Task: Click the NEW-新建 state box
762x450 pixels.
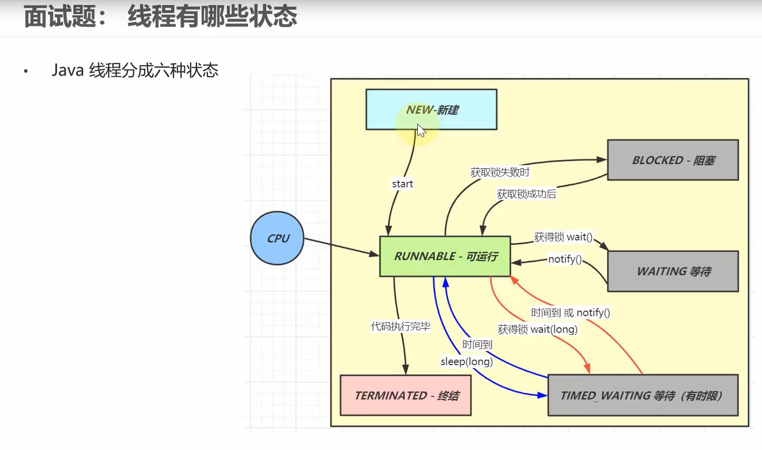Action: (431, 110)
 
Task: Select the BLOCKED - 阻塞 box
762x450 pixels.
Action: (673, 160)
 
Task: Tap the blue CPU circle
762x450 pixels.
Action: (277, 238)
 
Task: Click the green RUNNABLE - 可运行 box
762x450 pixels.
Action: (445, 257)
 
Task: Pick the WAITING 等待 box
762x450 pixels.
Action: (673, 272)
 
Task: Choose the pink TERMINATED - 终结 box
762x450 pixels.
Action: (406, 395)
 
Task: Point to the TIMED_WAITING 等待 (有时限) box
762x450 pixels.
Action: (642, 395)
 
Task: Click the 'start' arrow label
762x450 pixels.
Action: (402, 184)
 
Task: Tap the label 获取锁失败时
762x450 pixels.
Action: (500, 173)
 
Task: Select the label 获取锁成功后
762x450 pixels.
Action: (526, 194)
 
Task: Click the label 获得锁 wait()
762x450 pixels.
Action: (563, 237)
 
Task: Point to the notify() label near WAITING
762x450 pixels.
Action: (565, 260)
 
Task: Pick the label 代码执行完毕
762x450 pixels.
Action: (401, 327)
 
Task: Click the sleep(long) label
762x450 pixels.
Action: (466, 362)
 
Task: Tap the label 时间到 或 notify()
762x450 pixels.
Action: (570, 313)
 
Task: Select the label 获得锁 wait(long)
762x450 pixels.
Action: (537, 330)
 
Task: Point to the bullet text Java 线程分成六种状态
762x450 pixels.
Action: (135, 70)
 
